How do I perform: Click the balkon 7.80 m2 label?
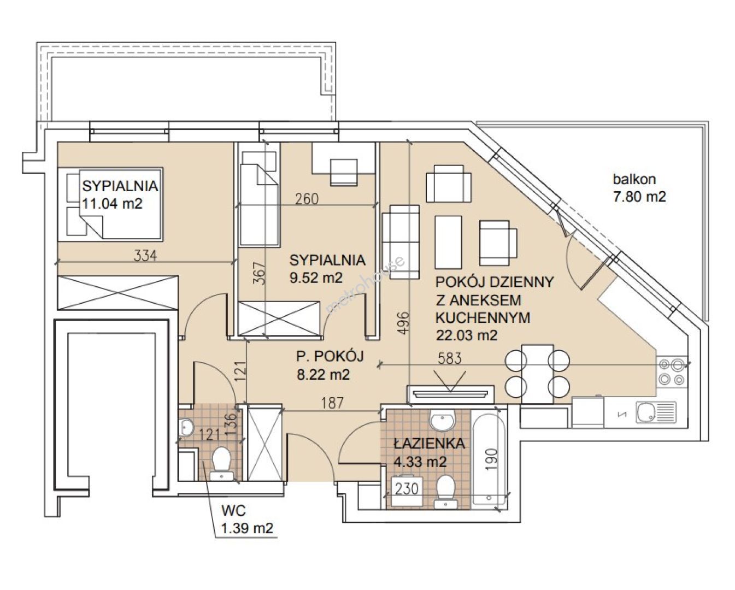click(x=639, y=188)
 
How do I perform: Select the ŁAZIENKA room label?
click(x=430, y=444)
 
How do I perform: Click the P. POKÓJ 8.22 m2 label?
click(x=330, y=365)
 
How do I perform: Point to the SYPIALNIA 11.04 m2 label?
click(x=120, y=195)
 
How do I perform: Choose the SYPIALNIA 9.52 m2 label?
click(x=327, y=269)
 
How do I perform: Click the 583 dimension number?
click(x=450, y=358)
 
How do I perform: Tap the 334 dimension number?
click(x=145, y=256)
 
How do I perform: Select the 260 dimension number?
click(x=307, y=199)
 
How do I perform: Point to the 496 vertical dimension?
click(x=403, y=323)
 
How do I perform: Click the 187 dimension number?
click(x=332, y=403)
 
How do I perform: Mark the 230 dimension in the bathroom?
click(x=407, y=488)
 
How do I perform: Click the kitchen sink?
click(x=656, y=412)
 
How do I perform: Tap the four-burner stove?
click(x=672, y=372)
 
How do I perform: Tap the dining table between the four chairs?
click(x=537, y=374)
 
